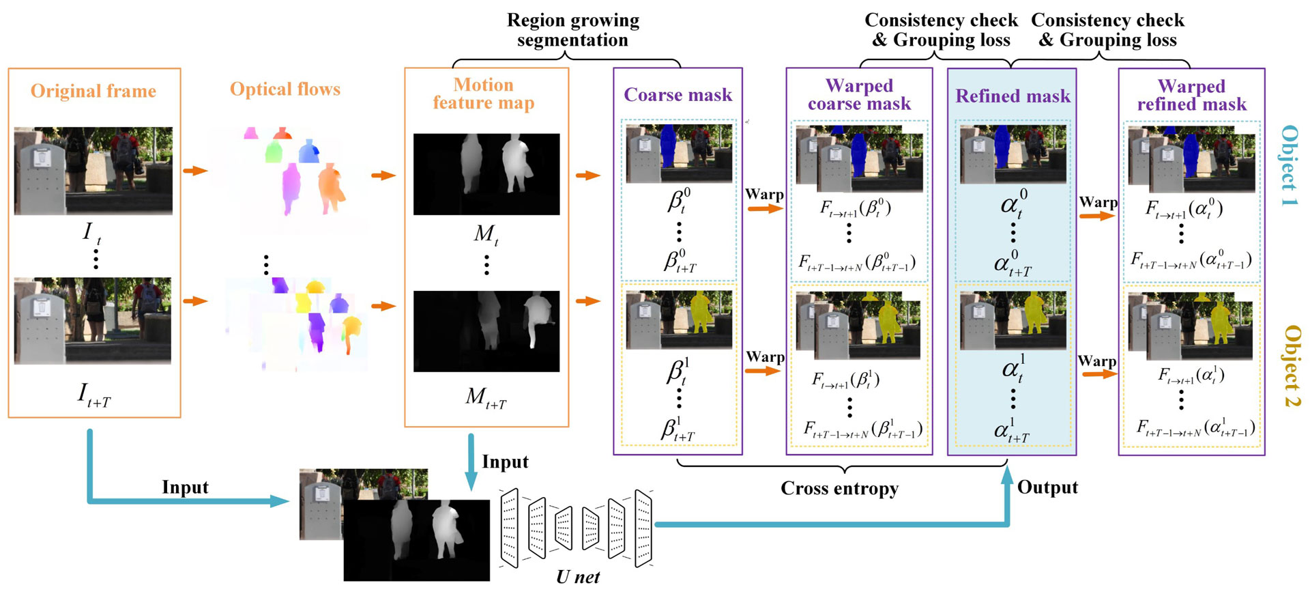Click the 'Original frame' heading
93,91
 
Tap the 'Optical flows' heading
285,89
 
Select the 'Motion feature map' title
484,94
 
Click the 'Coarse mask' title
678,95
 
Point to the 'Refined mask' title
1013,96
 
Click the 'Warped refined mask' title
1191,95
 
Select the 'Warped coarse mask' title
859,94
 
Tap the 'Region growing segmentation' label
572,30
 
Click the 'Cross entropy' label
839,488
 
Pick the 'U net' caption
577,577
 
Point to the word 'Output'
1047,487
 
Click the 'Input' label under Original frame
185,487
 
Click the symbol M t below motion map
486,234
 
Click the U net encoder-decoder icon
577,528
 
